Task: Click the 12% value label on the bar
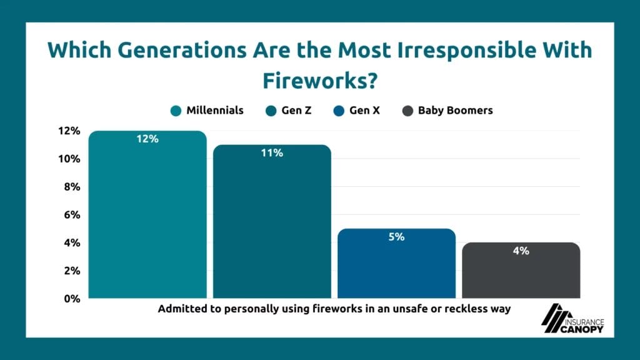pyautogui.click(x=147, y=139)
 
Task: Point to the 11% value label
pyautogui.click(x=272, y=152)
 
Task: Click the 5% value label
pyautogui.click(x=396, y=237)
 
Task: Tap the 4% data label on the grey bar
pyautogui.click(x=521, y=251)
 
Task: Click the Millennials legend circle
pyautogui.click(x=176, y=111)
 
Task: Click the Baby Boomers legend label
pyautogui.click(x=455, y=111)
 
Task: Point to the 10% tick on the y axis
pyautogui.click(x=69, y=159)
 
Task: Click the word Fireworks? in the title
pyautogui.click(x=319, y=80)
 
